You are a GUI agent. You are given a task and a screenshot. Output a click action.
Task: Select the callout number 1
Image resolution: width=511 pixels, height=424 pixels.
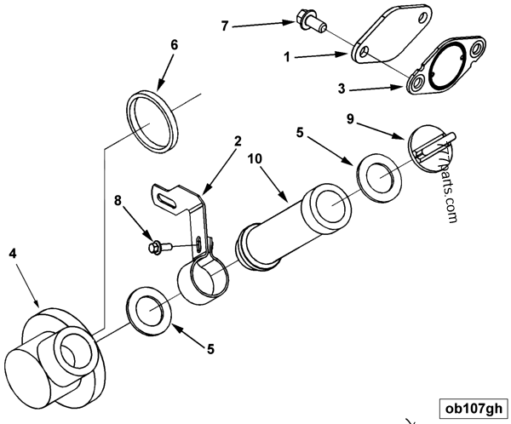[288, 59]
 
